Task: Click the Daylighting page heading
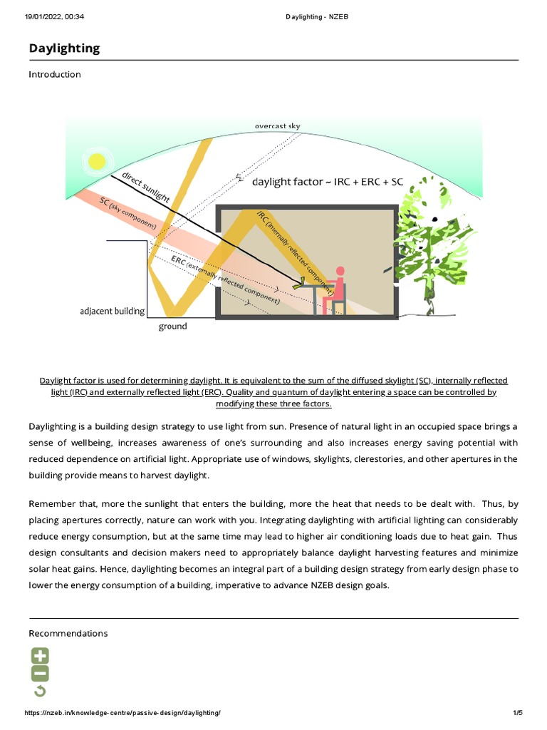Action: click(64, 48)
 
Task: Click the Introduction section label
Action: click(55, 74)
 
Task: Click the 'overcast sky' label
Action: click(277, 126)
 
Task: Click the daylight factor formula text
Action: click(328, 182)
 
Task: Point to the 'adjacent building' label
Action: click(112, 312)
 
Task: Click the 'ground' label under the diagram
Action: click(172, 327)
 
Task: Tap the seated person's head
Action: click(340, 271)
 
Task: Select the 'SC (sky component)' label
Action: click(128, 212)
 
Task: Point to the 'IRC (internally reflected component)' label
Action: click(295, 249)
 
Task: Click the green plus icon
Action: click(40, 656)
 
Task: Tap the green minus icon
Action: click(40, 674)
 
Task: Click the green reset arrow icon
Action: click(40, 691)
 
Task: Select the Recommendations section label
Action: click(68, 633)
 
